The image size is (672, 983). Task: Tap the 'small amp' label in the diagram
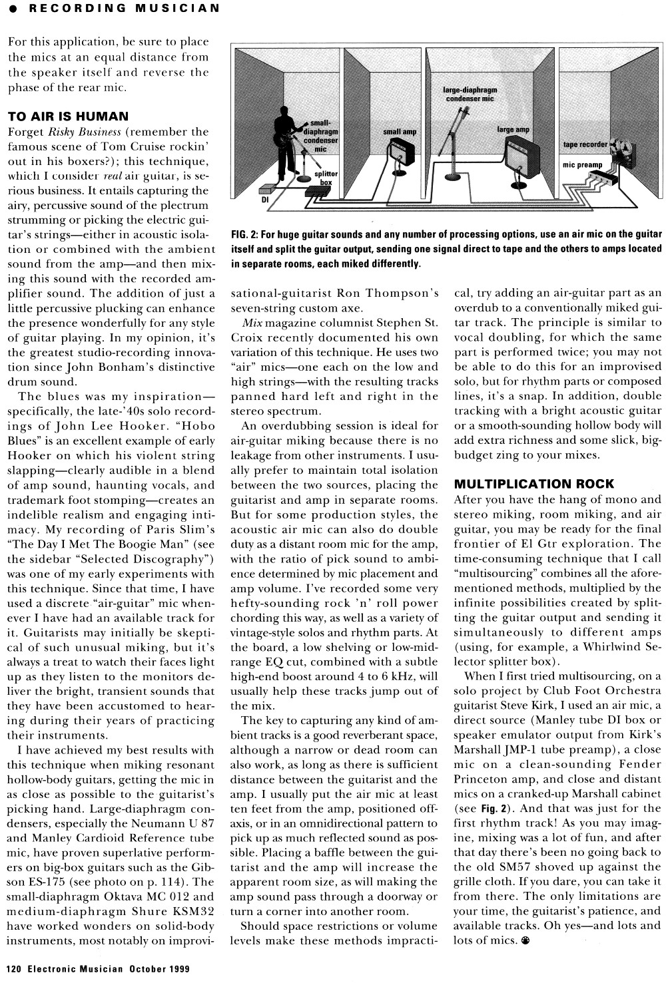tap(400, 132)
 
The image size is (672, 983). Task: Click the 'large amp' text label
tap(513, 129)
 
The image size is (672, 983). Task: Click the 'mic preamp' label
tap(582, 164)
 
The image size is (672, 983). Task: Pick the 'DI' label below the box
tap(264, 199)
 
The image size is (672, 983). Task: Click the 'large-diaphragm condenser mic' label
tap(470, 94)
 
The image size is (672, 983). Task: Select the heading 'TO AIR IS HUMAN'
tap(68, 116)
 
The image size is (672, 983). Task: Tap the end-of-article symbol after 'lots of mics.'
tap(526, 941)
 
